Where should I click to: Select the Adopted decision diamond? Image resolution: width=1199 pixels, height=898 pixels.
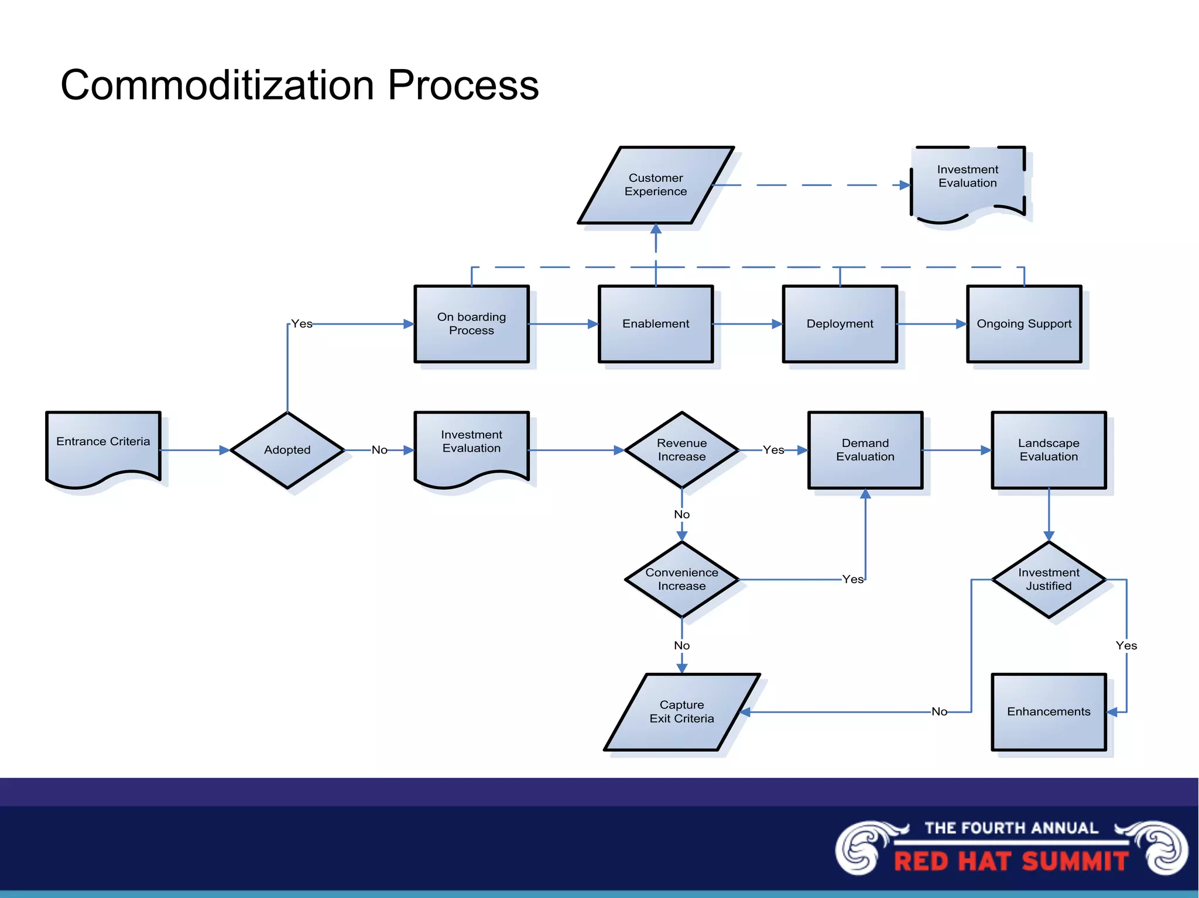(287, 450)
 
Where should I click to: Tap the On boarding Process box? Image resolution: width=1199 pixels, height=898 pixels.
(471, 324)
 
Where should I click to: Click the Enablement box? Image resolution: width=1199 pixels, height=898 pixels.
(656, 324)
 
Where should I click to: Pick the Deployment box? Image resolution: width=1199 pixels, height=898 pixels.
(840, 324)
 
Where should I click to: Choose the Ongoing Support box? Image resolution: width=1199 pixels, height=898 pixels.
(1024, 324)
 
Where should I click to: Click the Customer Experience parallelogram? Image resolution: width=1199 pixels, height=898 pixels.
(656, 185)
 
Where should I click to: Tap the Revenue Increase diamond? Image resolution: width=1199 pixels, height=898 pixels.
(681, 450)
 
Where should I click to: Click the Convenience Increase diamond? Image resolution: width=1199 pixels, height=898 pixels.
(681, 579)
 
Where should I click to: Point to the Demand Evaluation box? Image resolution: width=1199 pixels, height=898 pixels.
(865, 450)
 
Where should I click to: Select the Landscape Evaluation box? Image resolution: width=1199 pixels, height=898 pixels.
(1049, 450)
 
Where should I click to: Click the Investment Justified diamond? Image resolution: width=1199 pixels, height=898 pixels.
(1049, 579)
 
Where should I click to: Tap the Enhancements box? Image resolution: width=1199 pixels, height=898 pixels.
(1049, 711)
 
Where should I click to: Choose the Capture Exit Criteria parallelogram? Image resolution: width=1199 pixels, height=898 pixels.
(681, 711)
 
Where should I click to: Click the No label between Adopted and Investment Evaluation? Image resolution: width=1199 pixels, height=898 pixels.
(379, 450)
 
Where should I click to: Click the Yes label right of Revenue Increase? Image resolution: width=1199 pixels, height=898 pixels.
(773, 450)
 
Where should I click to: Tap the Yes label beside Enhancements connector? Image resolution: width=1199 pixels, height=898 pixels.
(1126, 645)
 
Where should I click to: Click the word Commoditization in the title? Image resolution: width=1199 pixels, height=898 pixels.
(217, 85)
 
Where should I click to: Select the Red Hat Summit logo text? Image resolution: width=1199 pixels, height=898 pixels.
(1011, 861)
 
